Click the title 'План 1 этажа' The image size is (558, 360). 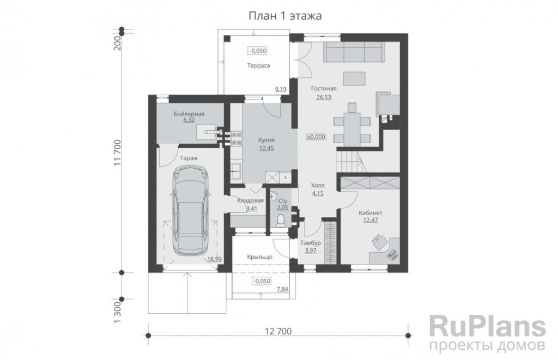click(x=284, y=16)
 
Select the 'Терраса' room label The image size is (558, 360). click(x=259, y=66)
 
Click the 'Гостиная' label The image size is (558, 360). click(x=324, y=89)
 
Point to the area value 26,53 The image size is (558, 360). click(x=324, y=97)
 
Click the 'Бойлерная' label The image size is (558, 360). click(x=189, y=114)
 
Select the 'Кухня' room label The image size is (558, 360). click(x=266, y=141)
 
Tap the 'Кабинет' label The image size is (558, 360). click(x=371, y=213)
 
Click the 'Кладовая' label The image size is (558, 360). click(x=251, y=200)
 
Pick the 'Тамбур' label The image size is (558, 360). click(x=311, y=243)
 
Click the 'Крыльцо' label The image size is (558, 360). click(x=260, y=257)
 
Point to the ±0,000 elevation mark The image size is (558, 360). click(x=316, y=137)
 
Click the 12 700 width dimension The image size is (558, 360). click(x=278, y=332)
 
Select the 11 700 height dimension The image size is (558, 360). click(x=118, y=153)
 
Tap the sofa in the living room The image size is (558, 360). click(x=354, y=52)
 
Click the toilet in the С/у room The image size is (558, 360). click(x=281, y=220)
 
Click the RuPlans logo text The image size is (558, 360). click(x=487, y=326)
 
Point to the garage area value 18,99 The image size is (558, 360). click(x=215, y=259)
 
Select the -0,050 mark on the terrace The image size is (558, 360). click(x=258, y=51)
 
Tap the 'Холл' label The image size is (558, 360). click(x=318, y=186)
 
